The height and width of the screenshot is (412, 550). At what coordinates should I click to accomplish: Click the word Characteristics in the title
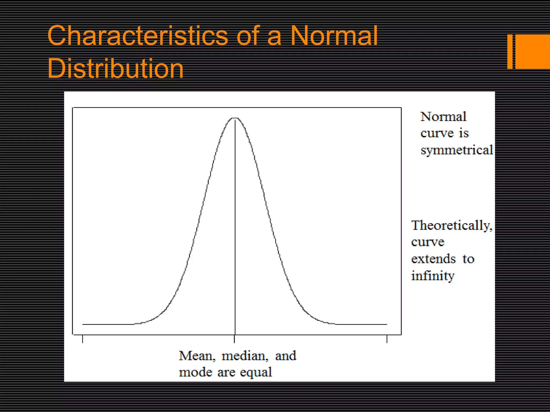137,36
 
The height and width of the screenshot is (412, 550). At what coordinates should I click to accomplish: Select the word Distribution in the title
115,69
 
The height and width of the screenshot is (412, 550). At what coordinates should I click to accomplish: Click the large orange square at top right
532,51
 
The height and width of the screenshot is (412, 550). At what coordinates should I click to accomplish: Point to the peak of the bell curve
235,118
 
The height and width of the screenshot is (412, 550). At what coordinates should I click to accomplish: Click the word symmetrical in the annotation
457,150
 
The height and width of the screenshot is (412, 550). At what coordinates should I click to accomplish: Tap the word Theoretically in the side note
451,225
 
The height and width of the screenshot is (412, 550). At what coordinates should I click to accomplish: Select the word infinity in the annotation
433,276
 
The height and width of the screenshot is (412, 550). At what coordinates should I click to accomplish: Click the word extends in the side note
433,259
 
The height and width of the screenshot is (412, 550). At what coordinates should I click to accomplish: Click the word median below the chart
244,356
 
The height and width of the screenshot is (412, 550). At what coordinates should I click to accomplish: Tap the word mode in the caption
195,372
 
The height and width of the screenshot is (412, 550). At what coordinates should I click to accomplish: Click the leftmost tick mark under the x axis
82,339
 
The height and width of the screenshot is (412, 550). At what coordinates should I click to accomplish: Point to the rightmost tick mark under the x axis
387,339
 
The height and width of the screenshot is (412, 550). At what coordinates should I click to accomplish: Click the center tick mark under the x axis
234,339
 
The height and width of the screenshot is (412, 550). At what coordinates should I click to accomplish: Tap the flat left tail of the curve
107,324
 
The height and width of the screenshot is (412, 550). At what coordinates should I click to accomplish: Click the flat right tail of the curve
363,324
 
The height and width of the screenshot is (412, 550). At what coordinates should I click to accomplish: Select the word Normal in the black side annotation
443,117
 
